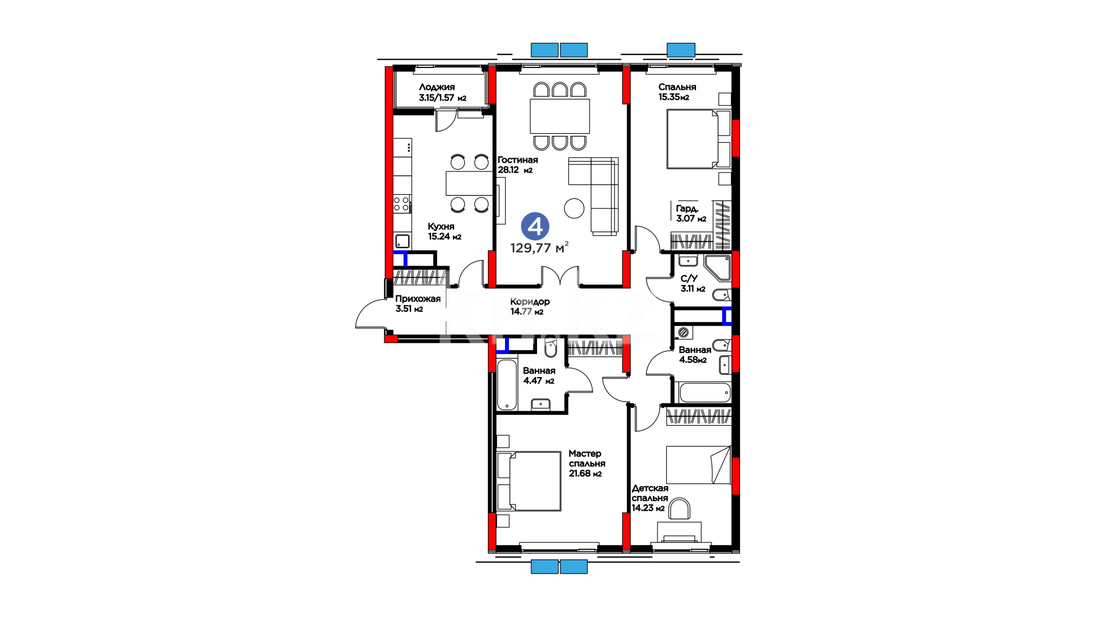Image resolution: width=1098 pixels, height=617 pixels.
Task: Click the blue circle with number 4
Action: tap(535, 227)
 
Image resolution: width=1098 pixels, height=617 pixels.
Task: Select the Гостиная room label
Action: tap(518, 160)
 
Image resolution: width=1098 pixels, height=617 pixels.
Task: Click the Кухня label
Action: tap(441, 226)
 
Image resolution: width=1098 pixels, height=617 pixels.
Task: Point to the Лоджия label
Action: tap(437, 87)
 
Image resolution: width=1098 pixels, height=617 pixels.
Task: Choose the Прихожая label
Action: tap(418, 299)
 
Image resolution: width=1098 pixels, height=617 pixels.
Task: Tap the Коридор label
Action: tap(530, 302)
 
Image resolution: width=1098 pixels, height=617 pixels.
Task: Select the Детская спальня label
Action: tap(650, 492)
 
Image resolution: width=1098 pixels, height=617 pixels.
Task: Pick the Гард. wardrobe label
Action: tap(687, 209)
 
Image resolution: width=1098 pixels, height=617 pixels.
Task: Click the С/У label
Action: tap(689, 278)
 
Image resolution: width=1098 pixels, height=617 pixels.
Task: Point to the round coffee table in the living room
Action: tap(574, 208)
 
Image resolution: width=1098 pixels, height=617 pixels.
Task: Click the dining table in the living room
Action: tap(560, 116)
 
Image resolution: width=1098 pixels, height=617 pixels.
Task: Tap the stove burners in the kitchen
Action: tap(401, 204)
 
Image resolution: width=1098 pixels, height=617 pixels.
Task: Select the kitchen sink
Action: tap(402, 241)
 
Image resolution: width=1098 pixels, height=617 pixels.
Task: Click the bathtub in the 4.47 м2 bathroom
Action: tap(507, 384)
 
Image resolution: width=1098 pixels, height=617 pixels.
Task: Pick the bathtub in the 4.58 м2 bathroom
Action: tap(705, 392)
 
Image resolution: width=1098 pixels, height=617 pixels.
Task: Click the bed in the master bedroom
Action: tap(529, 481)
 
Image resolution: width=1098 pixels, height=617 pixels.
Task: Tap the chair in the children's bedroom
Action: tap(679, 509)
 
